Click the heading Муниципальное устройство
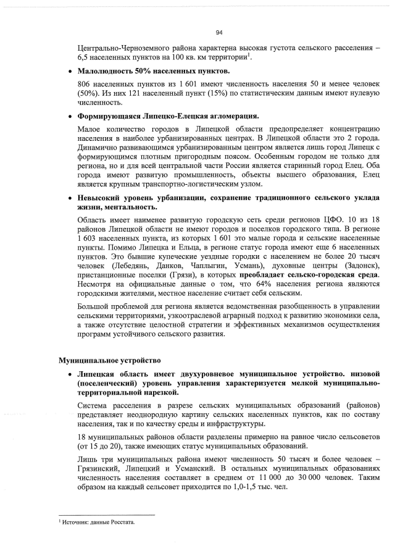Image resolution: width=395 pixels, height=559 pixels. point(109,359)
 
